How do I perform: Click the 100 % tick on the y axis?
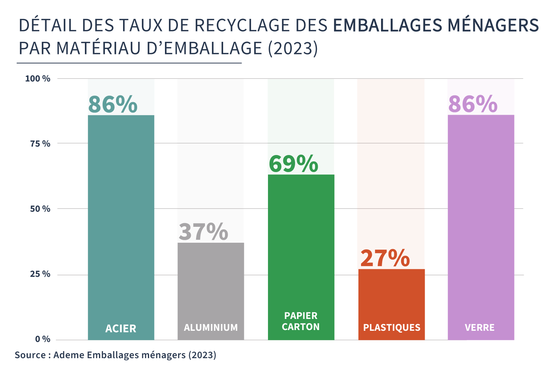(37, 79)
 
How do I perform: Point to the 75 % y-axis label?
(40, 144)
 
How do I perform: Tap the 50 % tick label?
(40, 209)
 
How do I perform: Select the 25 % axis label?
(40, 274)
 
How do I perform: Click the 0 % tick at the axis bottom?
(43, 339)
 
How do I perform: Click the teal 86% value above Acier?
(113, 104)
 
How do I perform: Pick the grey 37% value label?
(203, 232)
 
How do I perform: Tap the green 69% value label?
(293, 164)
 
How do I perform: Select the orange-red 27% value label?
(385, 258)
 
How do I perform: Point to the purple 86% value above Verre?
(473, 104)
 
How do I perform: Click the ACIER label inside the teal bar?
(121, 329)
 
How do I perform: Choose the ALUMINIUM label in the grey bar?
(211, 328)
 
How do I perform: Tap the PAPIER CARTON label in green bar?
(301, 321)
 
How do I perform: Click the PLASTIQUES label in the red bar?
(392, 328)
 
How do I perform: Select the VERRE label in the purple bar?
(480, 328)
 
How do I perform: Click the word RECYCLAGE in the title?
(242, 26)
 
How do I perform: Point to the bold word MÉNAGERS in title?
(493, 26)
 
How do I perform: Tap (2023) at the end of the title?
(293, 48)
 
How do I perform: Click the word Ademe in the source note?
(69, 355)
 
